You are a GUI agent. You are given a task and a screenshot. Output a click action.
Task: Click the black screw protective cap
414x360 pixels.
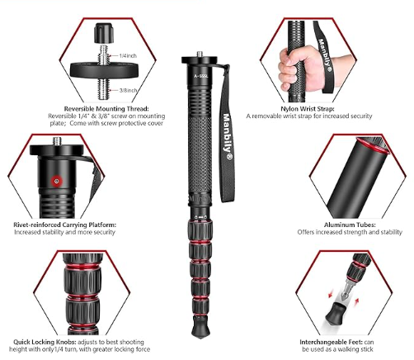[104, 33]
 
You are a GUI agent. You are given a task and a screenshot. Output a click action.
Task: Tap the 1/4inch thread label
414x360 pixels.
[128, 56]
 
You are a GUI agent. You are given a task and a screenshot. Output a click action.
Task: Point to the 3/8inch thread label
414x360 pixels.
[129, 90]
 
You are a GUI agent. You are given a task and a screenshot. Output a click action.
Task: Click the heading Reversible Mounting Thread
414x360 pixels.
[106, 109]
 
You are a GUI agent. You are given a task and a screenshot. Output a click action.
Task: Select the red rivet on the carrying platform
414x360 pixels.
[57, 181]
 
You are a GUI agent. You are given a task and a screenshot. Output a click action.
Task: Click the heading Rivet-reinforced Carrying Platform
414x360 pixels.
[65, 225]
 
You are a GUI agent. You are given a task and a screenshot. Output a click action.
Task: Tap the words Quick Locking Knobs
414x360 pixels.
[45, 342]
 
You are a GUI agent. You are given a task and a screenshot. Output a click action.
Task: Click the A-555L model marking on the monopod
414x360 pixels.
[201, 76]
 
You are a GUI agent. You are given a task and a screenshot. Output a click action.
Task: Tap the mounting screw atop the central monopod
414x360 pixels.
[200, 54]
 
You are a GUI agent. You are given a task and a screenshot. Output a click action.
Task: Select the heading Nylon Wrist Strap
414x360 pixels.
[308, 109]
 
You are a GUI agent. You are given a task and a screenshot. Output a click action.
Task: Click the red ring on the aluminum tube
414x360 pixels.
[373, 145]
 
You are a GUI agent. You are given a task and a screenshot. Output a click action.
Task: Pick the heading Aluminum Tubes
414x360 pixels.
[350, 225]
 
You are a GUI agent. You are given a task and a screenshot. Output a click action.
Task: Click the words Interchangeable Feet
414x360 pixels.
[331, 342]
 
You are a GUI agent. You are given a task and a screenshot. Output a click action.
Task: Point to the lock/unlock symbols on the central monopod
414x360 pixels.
[200, 217]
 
